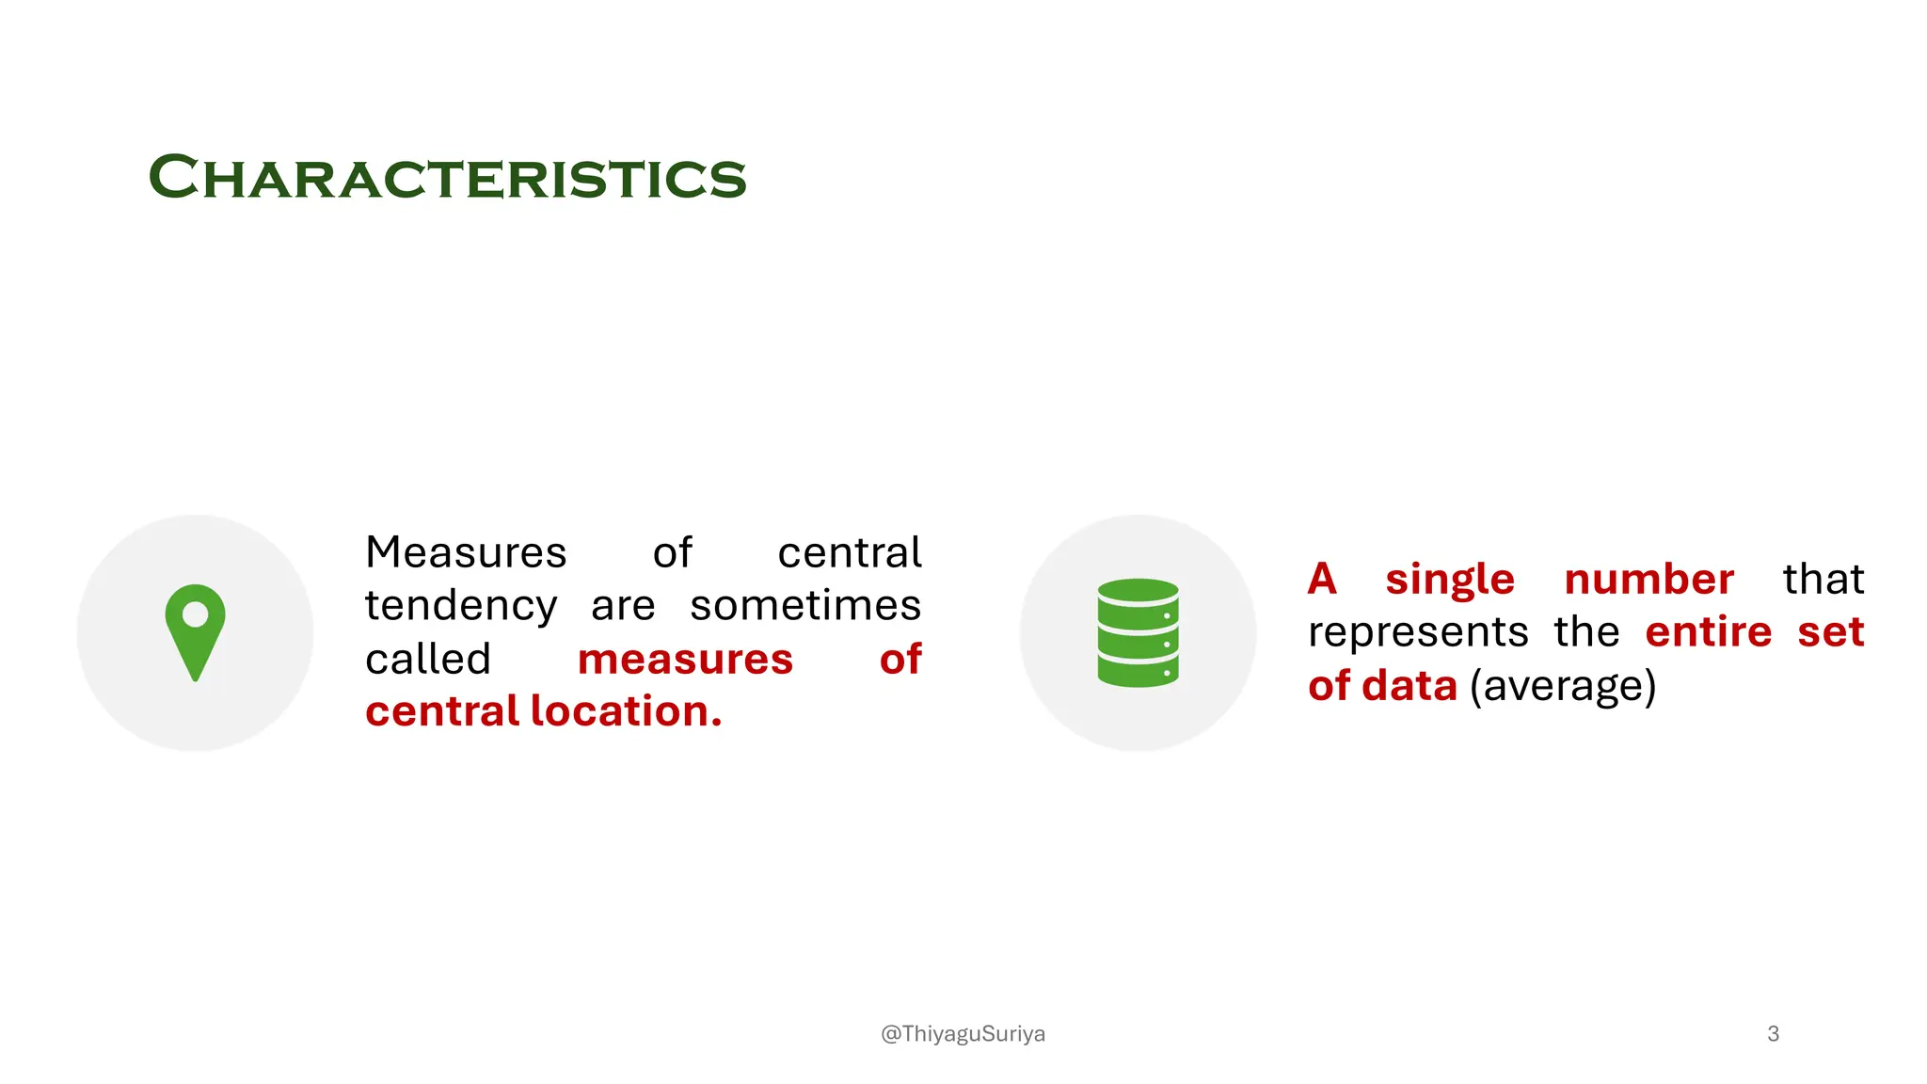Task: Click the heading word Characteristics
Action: [x=447, y=177]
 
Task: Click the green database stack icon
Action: [x=1138, y=632]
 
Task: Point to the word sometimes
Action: [x=805, y=605]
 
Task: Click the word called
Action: [x=428, y=659]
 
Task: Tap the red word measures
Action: [x=685, y=659]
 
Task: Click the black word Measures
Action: [x=466, y=552]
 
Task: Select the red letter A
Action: [x=1322, y=579]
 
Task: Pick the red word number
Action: [x=1648, y=579]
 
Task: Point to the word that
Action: [x=1823, y=579]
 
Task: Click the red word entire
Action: [x=1708, y=631]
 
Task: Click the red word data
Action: [x=1409, y=686]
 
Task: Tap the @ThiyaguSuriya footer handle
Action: [x=963, y=1034]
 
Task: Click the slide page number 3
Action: [x=1773, y=1034]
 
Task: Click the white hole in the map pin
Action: [x=195, y=614]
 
